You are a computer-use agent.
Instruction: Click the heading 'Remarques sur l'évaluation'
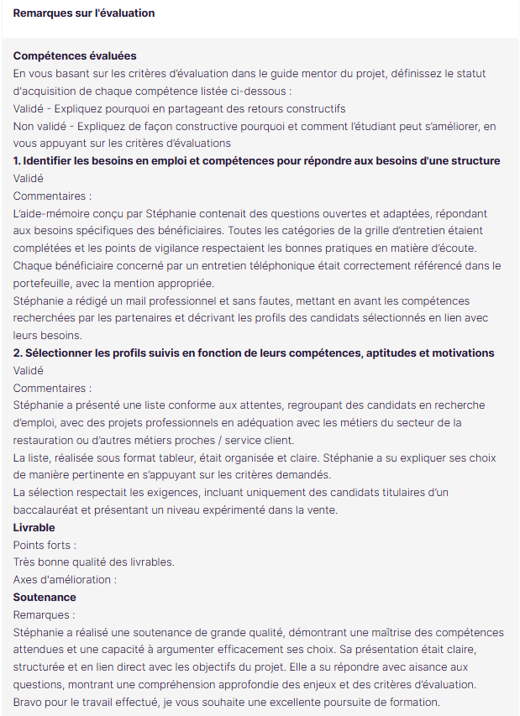(84, 13)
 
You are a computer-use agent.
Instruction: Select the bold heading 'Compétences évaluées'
(75, 55)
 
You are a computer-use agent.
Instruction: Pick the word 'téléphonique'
(312, 265)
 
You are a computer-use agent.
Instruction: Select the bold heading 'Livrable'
(34, 527)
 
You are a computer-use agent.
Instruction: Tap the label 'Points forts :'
(45, 545)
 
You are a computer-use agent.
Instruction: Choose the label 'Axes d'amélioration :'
(65, 580)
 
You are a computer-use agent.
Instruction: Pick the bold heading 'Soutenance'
(45, 597)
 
